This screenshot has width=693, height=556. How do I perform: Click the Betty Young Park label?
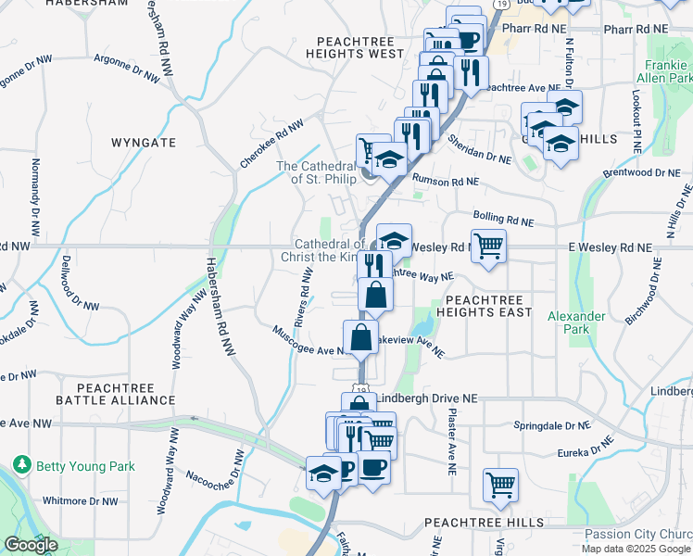point(85,466)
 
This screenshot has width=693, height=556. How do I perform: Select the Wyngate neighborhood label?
point(143,143)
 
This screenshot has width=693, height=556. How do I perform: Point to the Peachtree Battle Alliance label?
point(115,393)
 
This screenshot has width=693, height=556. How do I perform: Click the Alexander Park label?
point(576,322)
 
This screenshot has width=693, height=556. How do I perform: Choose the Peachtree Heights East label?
point(488,306)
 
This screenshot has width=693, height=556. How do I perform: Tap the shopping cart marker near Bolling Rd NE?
point(488,246)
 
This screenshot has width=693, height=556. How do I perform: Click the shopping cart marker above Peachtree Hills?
point(499,484)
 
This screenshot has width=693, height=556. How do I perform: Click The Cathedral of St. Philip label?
point(317,172)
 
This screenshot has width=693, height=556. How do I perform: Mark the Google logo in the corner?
point(31,545)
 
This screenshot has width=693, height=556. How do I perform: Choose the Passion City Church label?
point(637,535)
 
